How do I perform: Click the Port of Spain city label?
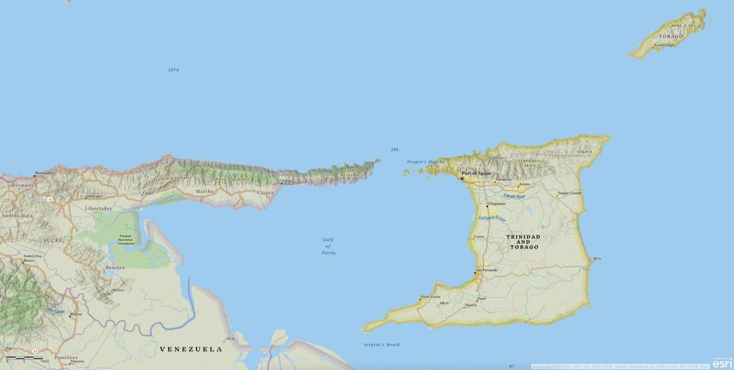coord(476,173)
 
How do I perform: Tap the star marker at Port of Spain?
coord(462,179)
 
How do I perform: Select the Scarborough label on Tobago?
coord(664,45)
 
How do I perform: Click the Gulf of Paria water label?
coord(328,246)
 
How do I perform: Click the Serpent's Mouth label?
coord(381,345)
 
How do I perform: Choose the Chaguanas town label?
coord(497,203)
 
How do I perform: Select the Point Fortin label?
coord(431,297)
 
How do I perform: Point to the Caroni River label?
coord(515,196)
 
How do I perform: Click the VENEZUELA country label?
coord(191,349)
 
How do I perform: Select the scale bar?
coord(24,358)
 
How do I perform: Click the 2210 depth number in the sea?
coord(173,70)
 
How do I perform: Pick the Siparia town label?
coord(471,305)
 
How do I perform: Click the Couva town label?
coord(478,236)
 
